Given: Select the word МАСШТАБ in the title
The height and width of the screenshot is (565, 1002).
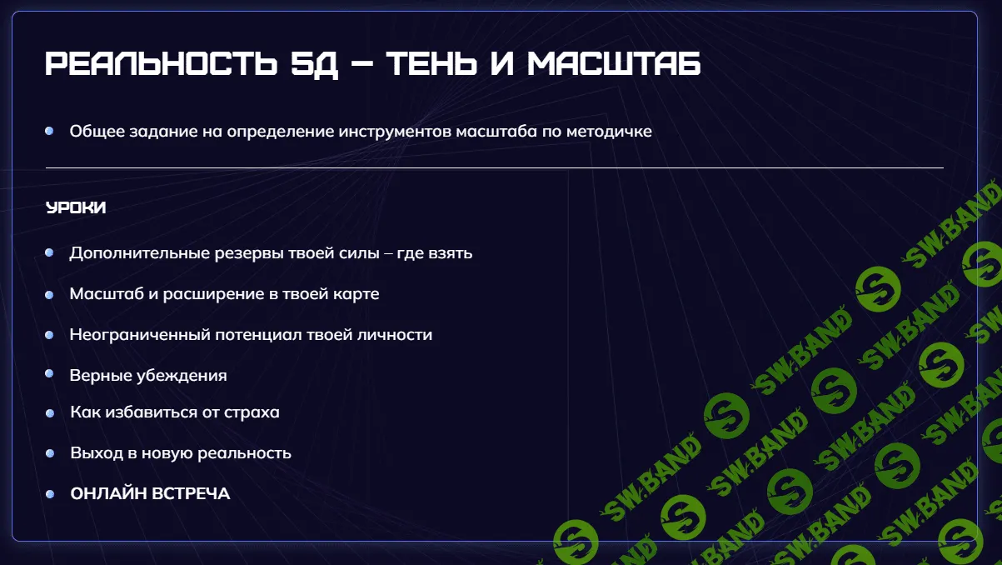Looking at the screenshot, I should (614, 64).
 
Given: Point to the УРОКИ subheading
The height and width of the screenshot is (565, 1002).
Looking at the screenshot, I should (76, 208).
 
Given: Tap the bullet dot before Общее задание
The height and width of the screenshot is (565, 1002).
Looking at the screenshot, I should (50, 132).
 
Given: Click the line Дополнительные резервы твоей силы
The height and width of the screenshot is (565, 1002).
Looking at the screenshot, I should (224, 252).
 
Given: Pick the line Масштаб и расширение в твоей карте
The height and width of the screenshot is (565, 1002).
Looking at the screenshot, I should (224, 294).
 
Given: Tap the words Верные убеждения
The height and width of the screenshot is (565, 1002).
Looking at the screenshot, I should (148, 376).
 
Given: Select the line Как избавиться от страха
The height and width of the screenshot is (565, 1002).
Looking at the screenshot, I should (175, 412).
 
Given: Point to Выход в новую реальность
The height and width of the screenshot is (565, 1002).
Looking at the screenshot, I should (181, 453).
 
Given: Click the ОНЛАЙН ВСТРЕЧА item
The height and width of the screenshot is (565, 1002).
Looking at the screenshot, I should (150, 494).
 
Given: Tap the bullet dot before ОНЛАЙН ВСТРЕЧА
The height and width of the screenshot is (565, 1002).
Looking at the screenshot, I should (50, 494).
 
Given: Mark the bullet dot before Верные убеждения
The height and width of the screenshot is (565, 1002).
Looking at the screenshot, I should (50, 375).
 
